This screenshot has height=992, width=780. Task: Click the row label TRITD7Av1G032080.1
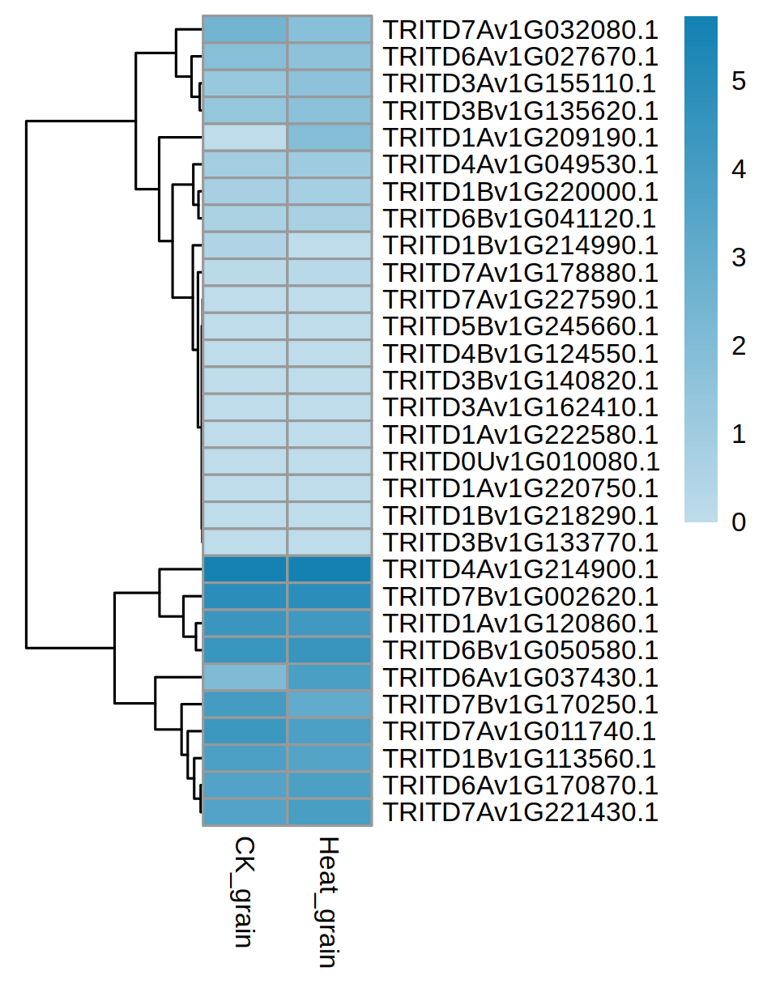click(x=520, y=29)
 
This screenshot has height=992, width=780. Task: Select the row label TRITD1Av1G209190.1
click(x=520, y=137)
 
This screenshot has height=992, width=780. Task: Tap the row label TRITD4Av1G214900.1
click(x=520, y=569)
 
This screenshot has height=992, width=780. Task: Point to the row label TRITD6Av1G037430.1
click(x=520, y=677)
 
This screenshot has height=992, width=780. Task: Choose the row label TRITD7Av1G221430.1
click(x=520, y=811)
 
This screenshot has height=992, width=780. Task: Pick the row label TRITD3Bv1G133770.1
click(x=520, y=542)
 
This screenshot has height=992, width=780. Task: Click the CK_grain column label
click(x=244, y=891)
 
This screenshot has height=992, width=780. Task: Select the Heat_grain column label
click(x=327, y=901)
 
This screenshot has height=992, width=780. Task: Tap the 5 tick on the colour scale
click(x=739, y=82)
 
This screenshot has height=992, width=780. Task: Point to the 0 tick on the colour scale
click(x=739, y=522)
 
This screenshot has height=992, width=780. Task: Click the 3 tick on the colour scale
click(x=739, y=258)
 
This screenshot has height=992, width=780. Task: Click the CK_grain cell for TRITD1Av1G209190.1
click(x=245, y=138)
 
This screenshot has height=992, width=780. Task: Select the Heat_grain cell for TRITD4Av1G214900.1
click(x=330, y=569)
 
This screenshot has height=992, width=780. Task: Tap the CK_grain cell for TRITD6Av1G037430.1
click(x=245, y=677)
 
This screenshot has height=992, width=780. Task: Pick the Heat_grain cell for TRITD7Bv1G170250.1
click(x=330, y=704)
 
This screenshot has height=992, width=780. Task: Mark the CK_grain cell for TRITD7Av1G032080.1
click(x=245, y=29)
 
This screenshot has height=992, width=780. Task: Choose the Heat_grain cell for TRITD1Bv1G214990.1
click(x=330, y=245)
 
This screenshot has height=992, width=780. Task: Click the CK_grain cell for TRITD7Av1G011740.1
click(x=245, y=731)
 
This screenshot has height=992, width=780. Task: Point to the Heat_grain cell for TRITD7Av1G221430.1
click(x=330, y=811)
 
